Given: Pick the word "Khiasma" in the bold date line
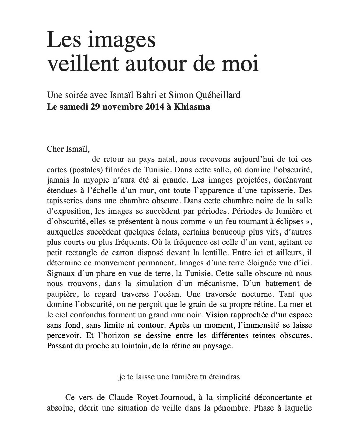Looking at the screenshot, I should click(x=192, y=107).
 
